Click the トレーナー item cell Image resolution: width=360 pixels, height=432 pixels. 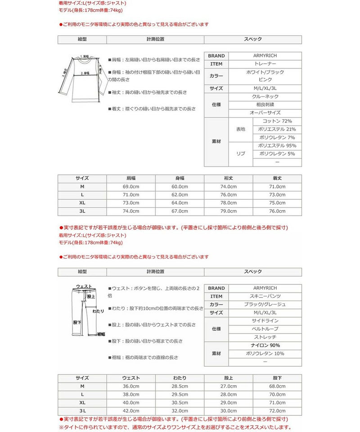(265, 64)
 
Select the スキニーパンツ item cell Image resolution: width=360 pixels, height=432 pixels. (265, 296)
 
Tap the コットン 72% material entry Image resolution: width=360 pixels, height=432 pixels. (278, 121)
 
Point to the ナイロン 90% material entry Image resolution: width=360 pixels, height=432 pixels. (265, 345)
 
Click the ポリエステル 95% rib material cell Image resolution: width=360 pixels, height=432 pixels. (278, 146)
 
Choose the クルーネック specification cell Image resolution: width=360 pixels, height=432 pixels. (265, 97)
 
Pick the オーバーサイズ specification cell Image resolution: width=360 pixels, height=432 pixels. (265, 113)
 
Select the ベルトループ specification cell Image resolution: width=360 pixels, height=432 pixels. (265, 329)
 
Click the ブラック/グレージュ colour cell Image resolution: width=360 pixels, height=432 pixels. (265, 304)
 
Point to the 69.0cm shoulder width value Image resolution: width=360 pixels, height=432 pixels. (130, 187)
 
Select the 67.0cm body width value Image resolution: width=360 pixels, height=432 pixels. (180, 211)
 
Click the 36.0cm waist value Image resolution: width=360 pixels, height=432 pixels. (130, 386)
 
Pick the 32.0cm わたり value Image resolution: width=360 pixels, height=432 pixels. (180, 411)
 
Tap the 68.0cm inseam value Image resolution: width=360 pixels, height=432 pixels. (277, 386)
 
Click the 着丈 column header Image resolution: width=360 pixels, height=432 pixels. (277, 178)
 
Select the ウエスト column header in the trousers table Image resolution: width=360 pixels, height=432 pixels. (130, 378)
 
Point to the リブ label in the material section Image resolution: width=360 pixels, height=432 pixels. (241, 154)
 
